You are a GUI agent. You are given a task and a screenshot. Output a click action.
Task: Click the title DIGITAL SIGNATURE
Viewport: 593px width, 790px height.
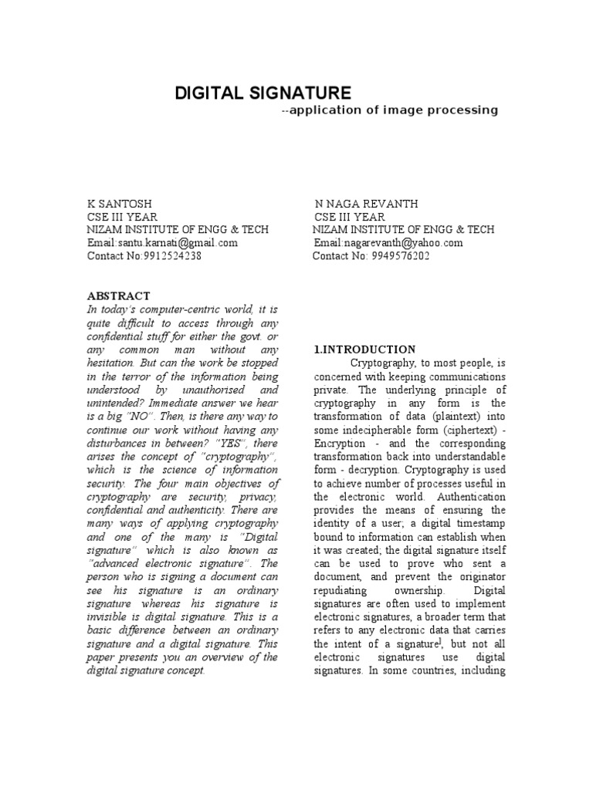[x=263, y=93]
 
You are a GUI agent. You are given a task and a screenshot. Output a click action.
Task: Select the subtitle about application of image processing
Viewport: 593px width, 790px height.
[x=390, y=110]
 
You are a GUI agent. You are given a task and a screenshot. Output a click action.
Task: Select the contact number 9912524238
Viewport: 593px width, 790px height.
[x=172, y=256]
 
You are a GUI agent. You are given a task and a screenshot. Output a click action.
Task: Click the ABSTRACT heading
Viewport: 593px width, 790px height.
[x=118, y=296]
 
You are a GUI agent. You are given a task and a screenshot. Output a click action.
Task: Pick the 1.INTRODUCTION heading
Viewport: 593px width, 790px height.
[x=364, y=349]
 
